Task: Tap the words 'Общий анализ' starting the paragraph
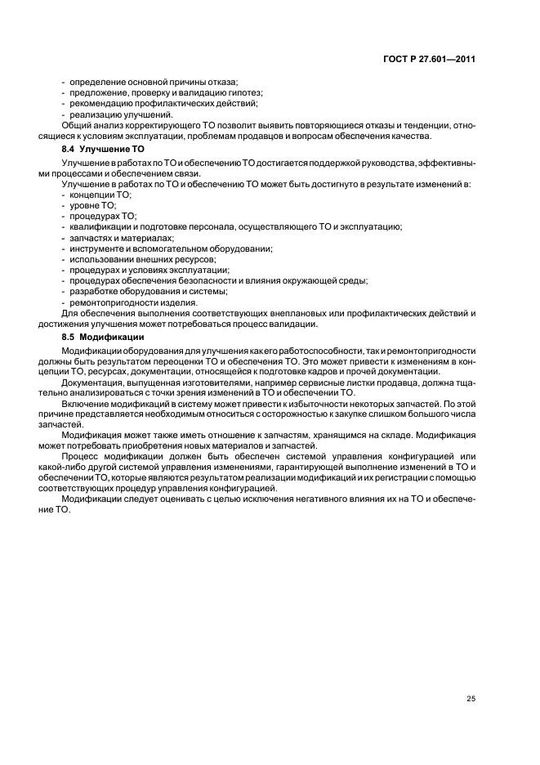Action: (90, 126)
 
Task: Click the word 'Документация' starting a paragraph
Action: (90, 382)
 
